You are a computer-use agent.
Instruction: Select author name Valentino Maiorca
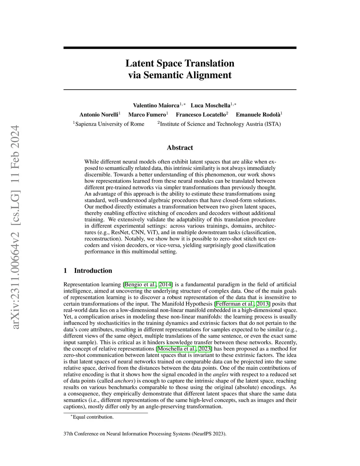tap(156, 105)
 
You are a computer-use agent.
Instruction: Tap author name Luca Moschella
tap(210, 105)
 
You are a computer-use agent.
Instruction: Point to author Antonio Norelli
tap(99, 115)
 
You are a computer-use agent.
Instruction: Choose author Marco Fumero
tap(147, 115)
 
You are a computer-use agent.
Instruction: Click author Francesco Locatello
tap(201, 115)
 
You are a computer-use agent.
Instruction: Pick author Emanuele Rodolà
tap(258, 115)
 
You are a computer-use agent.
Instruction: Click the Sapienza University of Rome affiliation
tap(110, 124)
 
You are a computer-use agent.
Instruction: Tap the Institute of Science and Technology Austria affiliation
tap(220, 124)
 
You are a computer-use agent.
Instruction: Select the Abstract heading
tap(180, 148)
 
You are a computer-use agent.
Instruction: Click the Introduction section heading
tap(93, 270)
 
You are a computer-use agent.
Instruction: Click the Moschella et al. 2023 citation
tap(185, 349)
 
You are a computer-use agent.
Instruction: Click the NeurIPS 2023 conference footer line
tap(145, 434)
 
